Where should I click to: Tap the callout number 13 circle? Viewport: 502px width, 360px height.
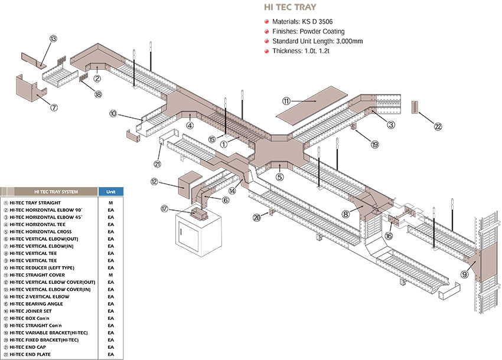pos(53,39)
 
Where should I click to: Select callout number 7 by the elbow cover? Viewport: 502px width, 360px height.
pos(54,107)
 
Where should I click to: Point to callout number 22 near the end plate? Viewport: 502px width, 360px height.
pos(438,126)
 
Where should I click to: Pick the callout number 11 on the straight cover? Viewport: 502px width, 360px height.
pos(286,101)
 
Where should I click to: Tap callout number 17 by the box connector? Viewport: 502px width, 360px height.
pos(165,208)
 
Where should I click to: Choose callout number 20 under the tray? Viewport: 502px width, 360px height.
pos(256,217)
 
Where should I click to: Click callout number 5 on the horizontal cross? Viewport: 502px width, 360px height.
pos(280,176)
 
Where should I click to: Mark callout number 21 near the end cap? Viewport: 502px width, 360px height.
pos(157,164)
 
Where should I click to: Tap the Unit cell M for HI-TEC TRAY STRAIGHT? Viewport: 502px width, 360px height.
pos(110,203)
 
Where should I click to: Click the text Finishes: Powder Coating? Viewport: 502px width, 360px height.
pos(308,31)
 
